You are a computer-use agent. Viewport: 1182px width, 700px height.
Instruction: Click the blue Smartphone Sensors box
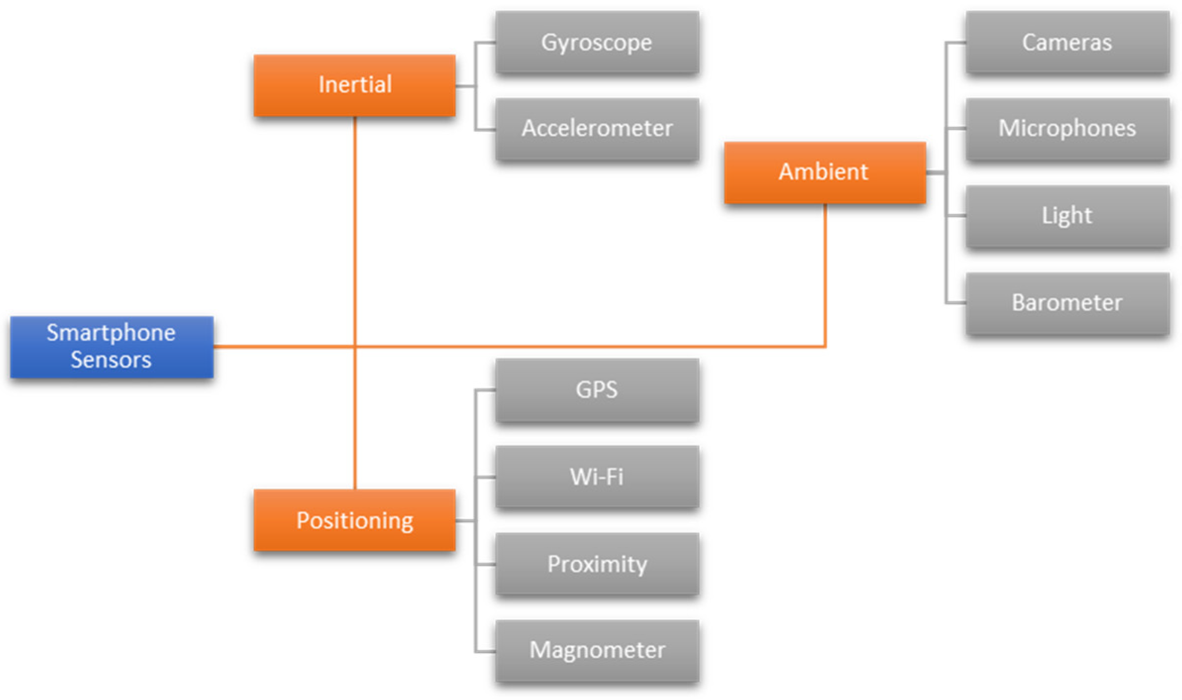111,347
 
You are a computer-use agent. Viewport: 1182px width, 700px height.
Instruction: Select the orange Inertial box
355,85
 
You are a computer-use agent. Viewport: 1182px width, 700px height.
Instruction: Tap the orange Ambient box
824,172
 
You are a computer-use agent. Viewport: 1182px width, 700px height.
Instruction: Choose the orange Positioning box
355,520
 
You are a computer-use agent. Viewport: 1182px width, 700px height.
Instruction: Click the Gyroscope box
597,43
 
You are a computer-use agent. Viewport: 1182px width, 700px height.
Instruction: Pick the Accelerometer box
597,129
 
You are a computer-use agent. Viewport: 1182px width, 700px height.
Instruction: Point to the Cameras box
1067,43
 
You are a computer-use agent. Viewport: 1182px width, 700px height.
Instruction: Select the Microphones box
1067,129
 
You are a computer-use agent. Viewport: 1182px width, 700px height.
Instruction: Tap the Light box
1067,216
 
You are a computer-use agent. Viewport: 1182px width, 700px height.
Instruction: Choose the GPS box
597,390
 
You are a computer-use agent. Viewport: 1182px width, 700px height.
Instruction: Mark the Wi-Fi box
597,477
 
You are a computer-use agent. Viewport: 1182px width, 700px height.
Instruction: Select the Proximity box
597,564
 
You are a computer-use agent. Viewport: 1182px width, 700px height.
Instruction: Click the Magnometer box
597,650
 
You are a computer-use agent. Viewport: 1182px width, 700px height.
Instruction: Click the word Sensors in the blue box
111,360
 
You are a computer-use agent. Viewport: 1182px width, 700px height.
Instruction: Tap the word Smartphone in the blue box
111,333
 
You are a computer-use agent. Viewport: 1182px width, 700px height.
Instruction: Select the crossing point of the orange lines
355,346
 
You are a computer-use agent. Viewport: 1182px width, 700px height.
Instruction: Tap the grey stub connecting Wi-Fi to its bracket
485,477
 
